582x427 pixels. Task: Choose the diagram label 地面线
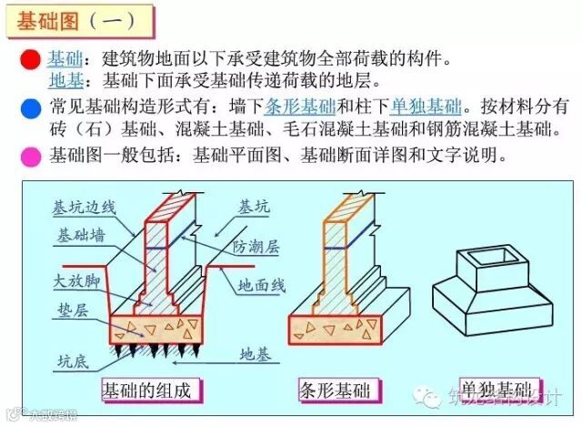pos(261,285)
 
